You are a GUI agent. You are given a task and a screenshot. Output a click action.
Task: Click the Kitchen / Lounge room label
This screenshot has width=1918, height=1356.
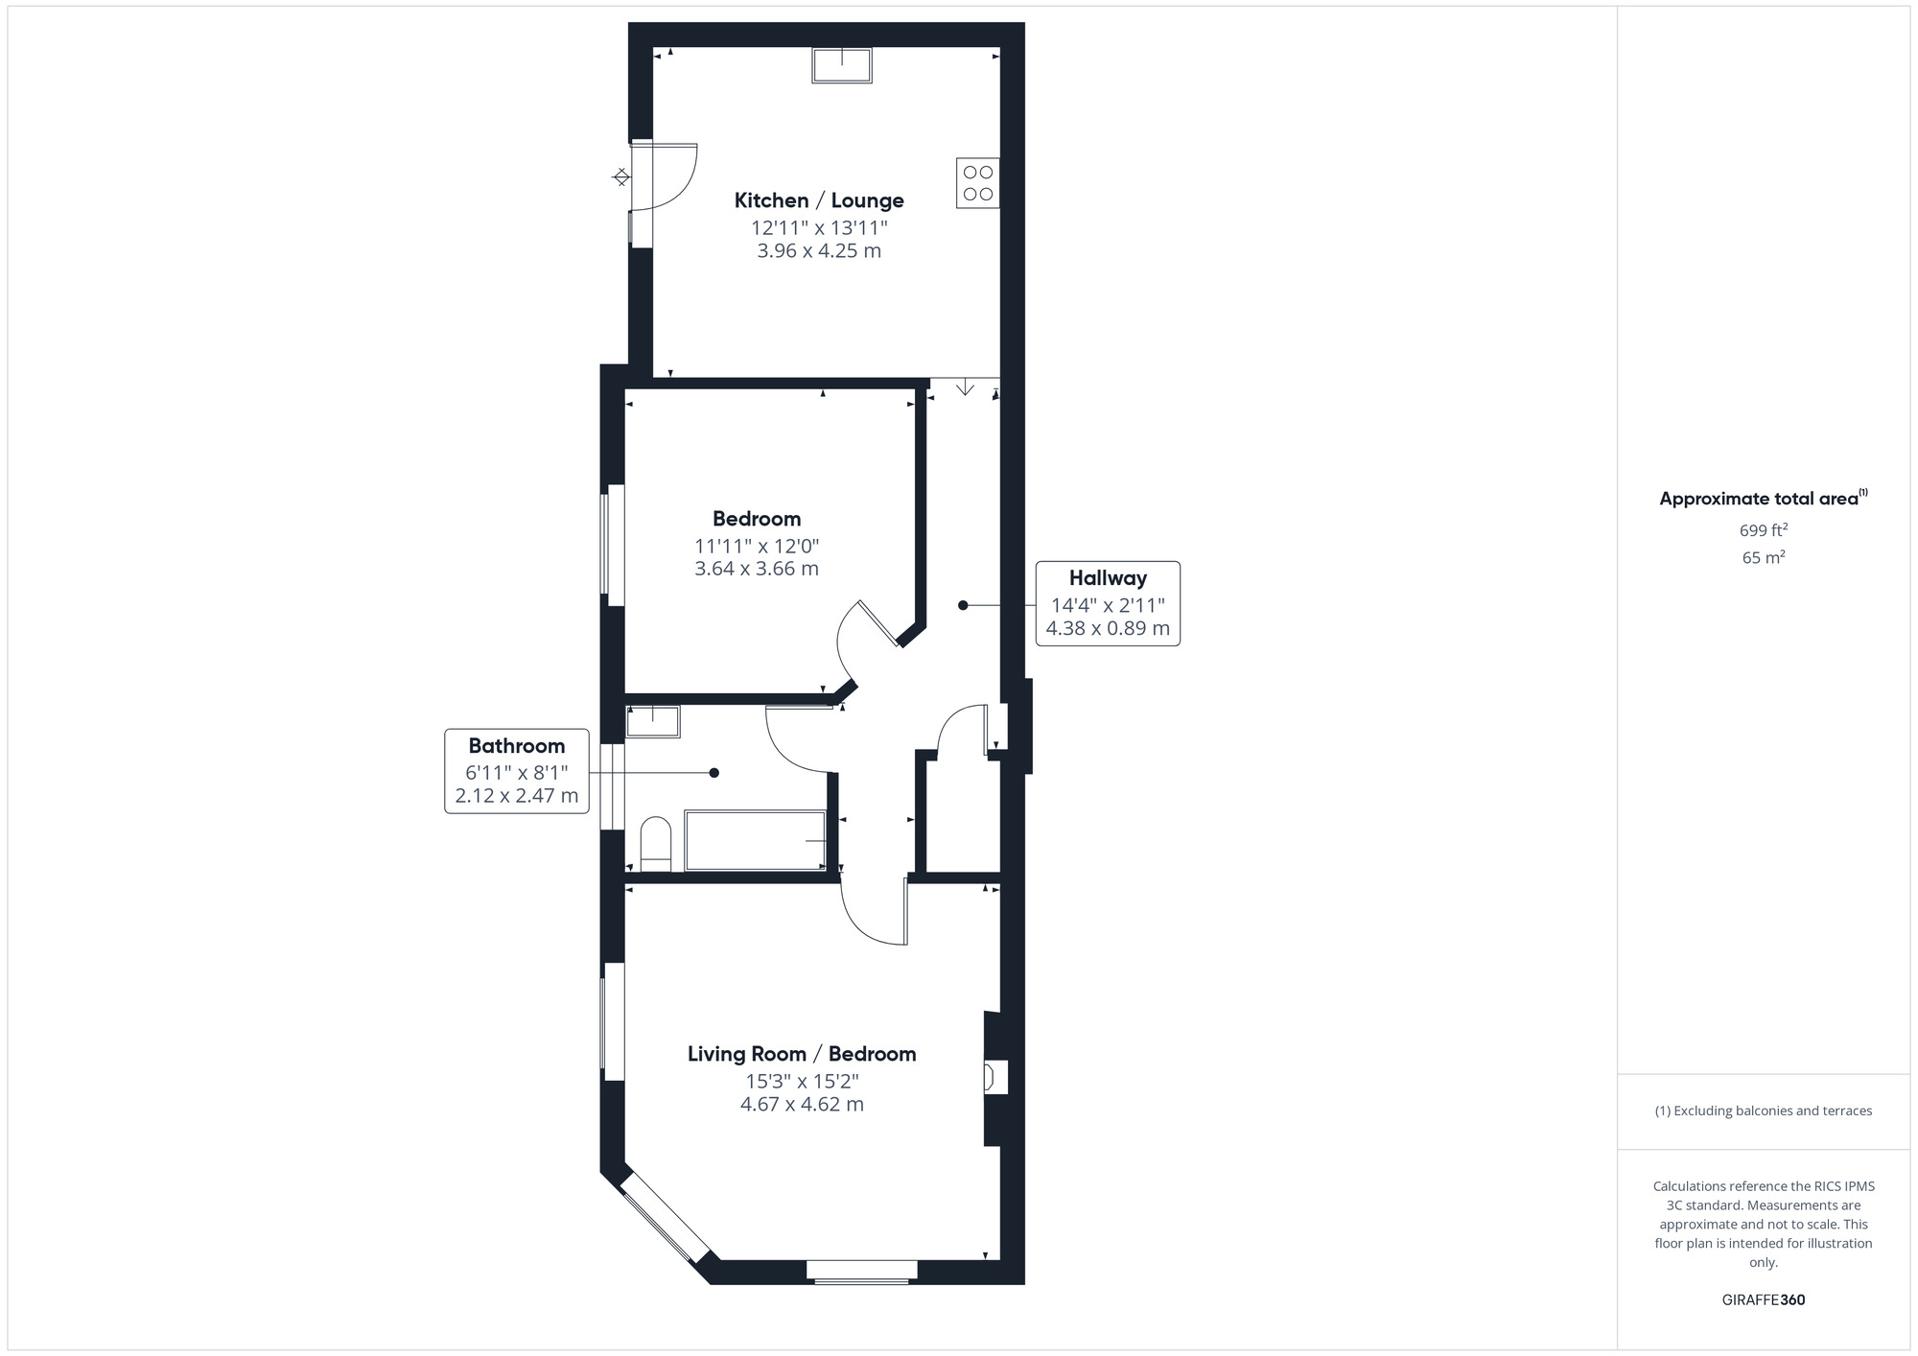[819, 200]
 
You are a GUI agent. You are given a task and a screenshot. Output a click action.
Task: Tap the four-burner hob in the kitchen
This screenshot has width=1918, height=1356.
[977, 183]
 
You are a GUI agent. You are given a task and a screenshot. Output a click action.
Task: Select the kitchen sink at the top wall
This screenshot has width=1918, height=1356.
[842, 65]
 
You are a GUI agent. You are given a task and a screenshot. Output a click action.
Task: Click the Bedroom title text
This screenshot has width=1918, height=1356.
[757, 519]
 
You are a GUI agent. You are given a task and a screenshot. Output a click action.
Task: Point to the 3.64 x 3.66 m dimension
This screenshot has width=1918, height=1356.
[757, 569]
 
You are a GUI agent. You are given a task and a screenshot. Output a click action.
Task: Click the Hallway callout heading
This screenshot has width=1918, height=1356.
[1108, 578]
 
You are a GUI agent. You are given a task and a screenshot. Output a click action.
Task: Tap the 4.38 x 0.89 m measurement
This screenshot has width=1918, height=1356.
[1108, 629]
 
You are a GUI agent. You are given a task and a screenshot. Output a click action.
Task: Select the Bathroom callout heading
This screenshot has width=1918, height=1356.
[516, 746]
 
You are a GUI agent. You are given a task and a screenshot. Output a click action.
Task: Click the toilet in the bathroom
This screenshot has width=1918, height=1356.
[656, 843]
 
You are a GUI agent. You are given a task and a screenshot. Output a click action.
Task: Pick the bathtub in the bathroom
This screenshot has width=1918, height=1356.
[756, 841]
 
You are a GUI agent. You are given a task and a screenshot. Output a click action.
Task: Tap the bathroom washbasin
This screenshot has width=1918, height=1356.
[653, 721]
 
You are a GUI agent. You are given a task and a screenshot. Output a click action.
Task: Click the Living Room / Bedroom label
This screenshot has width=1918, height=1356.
[802, 1054]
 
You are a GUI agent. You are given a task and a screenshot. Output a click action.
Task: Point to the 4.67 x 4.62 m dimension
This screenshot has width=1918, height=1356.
[802, 1104]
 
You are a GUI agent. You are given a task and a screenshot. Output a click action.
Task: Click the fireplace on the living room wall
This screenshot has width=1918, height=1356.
[994, 1077]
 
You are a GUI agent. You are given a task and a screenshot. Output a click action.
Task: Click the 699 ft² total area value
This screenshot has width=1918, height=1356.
[1763, 529]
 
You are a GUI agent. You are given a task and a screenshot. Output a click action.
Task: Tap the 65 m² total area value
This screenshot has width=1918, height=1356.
[1763, 557]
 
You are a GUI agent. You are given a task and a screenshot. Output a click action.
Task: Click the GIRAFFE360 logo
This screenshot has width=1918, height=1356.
[1763, 1300]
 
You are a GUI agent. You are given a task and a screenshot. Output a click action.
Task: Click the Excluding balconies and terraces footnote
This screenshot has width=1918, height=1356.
[1763, 1111]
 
